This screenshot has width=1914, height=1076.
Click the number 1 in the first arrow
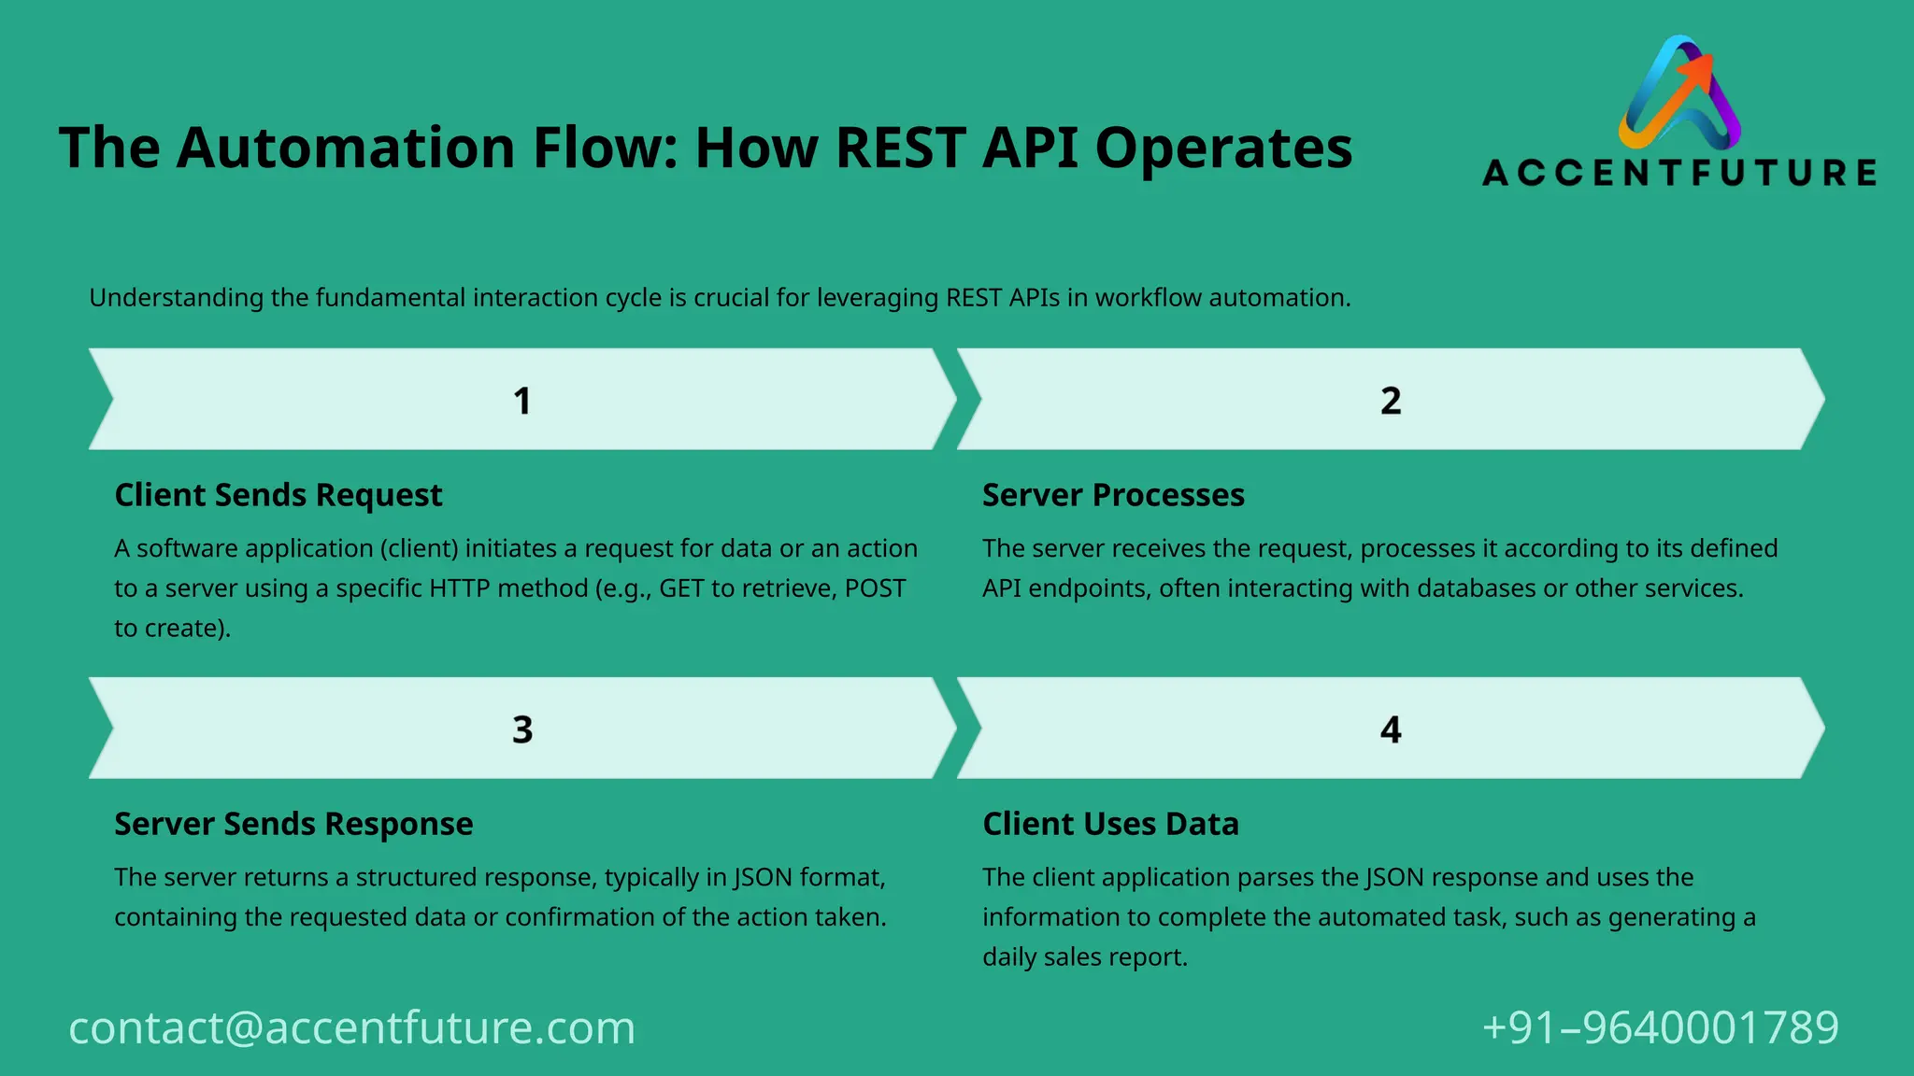pyautogui.click(x=521, y=401)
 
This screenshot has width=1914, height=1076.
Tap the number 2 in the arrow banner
pyautogui.click(x=1390, y=401)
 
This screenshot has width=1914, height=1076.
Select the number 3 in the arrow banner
pyautogui.click(x=521, y=729)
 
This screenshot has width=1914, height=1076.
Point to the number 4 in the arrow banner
pyautogui.click(x=1390, y=729)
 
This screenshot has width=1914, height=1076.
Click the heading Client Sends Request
pyautogui.click(x=278, y=495)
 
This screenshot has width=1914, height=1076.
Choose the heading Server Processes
pyautogui.click(x=1112, y=495)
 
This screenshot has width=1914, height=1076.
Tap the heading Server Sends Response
pyautogui.click(x=293, y=824)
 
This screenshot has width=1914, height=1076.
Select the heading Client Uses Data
pyautogui.click(x=1110, y=824)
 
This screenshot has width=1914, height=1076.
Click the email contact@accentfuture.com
pyautogui.click(x=351, y=1027)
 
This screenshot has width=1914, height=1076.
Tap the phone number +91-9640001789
pyautogui.click(x=1660, y=1027)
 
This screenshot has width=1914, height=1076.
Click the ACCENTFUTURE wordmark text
pyautogui.click(x=1679, y=173)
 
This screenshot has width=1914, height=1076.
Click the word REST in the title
pyautogui.click(x=900, y=148)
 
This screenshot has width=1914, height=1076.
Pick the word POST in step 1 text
pyautogui.click(x=876, y=588)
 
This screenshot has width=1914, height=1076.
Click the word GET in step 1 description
pyautogui.click(x=681, y=588)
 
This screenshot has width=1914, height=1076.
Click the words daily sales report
pyautogui.click(x=1084, y=957)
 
